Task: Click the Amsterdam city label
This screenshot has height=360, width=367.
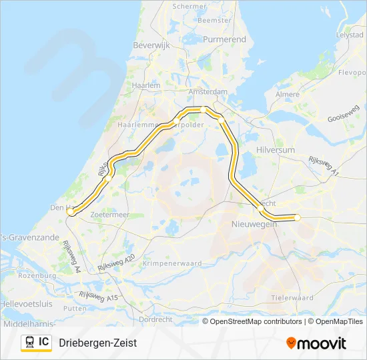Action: pos(208,92)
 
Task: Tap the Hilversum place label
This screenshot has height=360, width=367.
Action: pos(275,151)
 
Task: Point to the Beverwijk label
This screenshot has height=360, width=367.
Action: pos(153,45)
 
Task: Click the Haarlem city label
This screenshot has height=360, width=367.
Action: pos(146,85)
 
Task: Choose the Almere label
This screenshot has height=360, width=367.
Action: pos(288,95)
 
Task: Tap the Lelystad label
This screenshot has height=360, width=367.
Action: pos(350,33)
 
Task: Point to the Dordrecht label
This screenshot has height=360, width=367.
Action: pos(175,319)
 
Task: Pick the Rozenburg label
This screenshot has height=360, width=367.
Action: pos(37,275)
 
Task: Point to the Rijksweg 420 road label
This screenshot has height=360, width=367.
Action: pos(116,261)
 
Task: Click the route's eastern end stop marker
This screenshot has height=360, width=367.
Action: pos(298,217)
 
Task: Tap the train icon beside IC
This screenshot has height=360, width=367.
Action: pos(29,343)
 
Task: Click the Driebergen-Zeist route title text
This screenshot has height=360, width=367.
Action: pos(97,343)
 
